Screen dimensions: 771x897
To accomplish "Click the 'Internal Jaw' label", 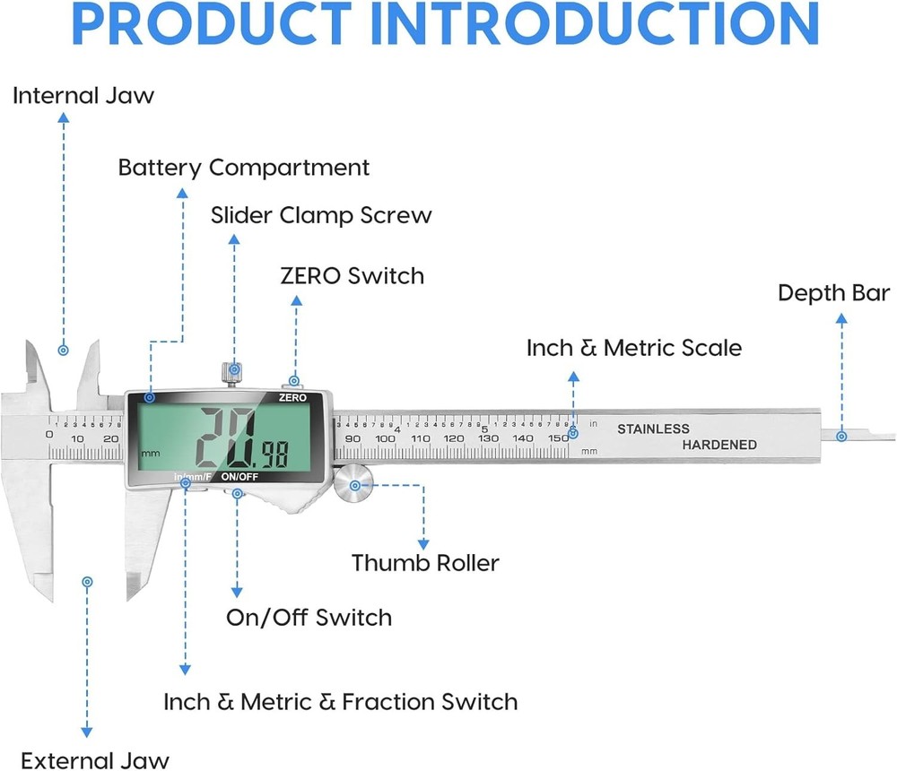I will coord(83,96).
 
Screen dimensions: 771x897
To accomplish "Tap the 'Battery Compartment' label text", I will coord(243,168).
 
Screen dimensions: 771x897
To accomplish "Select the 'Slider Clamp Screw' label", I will coord(321,215).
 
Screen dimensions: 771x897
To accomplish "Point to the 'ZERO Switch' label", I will coord(352,275).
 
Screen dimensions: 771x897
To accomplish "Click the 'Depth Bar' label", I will coord(833,293).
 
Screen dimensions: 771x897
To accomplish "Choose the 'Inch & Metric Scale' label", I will coord(633,348).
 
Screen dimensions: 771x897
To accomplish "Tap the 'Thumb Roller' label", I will coord(425,563).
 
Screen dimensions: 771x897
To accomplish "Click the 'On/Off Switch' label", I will coord(309,618).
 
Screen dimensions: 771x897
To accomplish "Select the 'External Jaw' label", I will coord(94,760).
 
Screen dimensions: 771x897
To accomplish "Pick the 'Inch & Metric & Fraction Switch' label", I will coord(340,701).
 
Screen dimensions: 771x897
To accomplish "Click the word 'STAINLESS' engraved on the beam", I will coord(653,429).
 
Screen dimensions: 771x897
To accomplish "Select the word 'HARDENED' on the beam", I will coord(719,445).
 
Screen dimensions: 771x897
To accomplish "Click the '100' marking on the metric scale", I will coord(386,438).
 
